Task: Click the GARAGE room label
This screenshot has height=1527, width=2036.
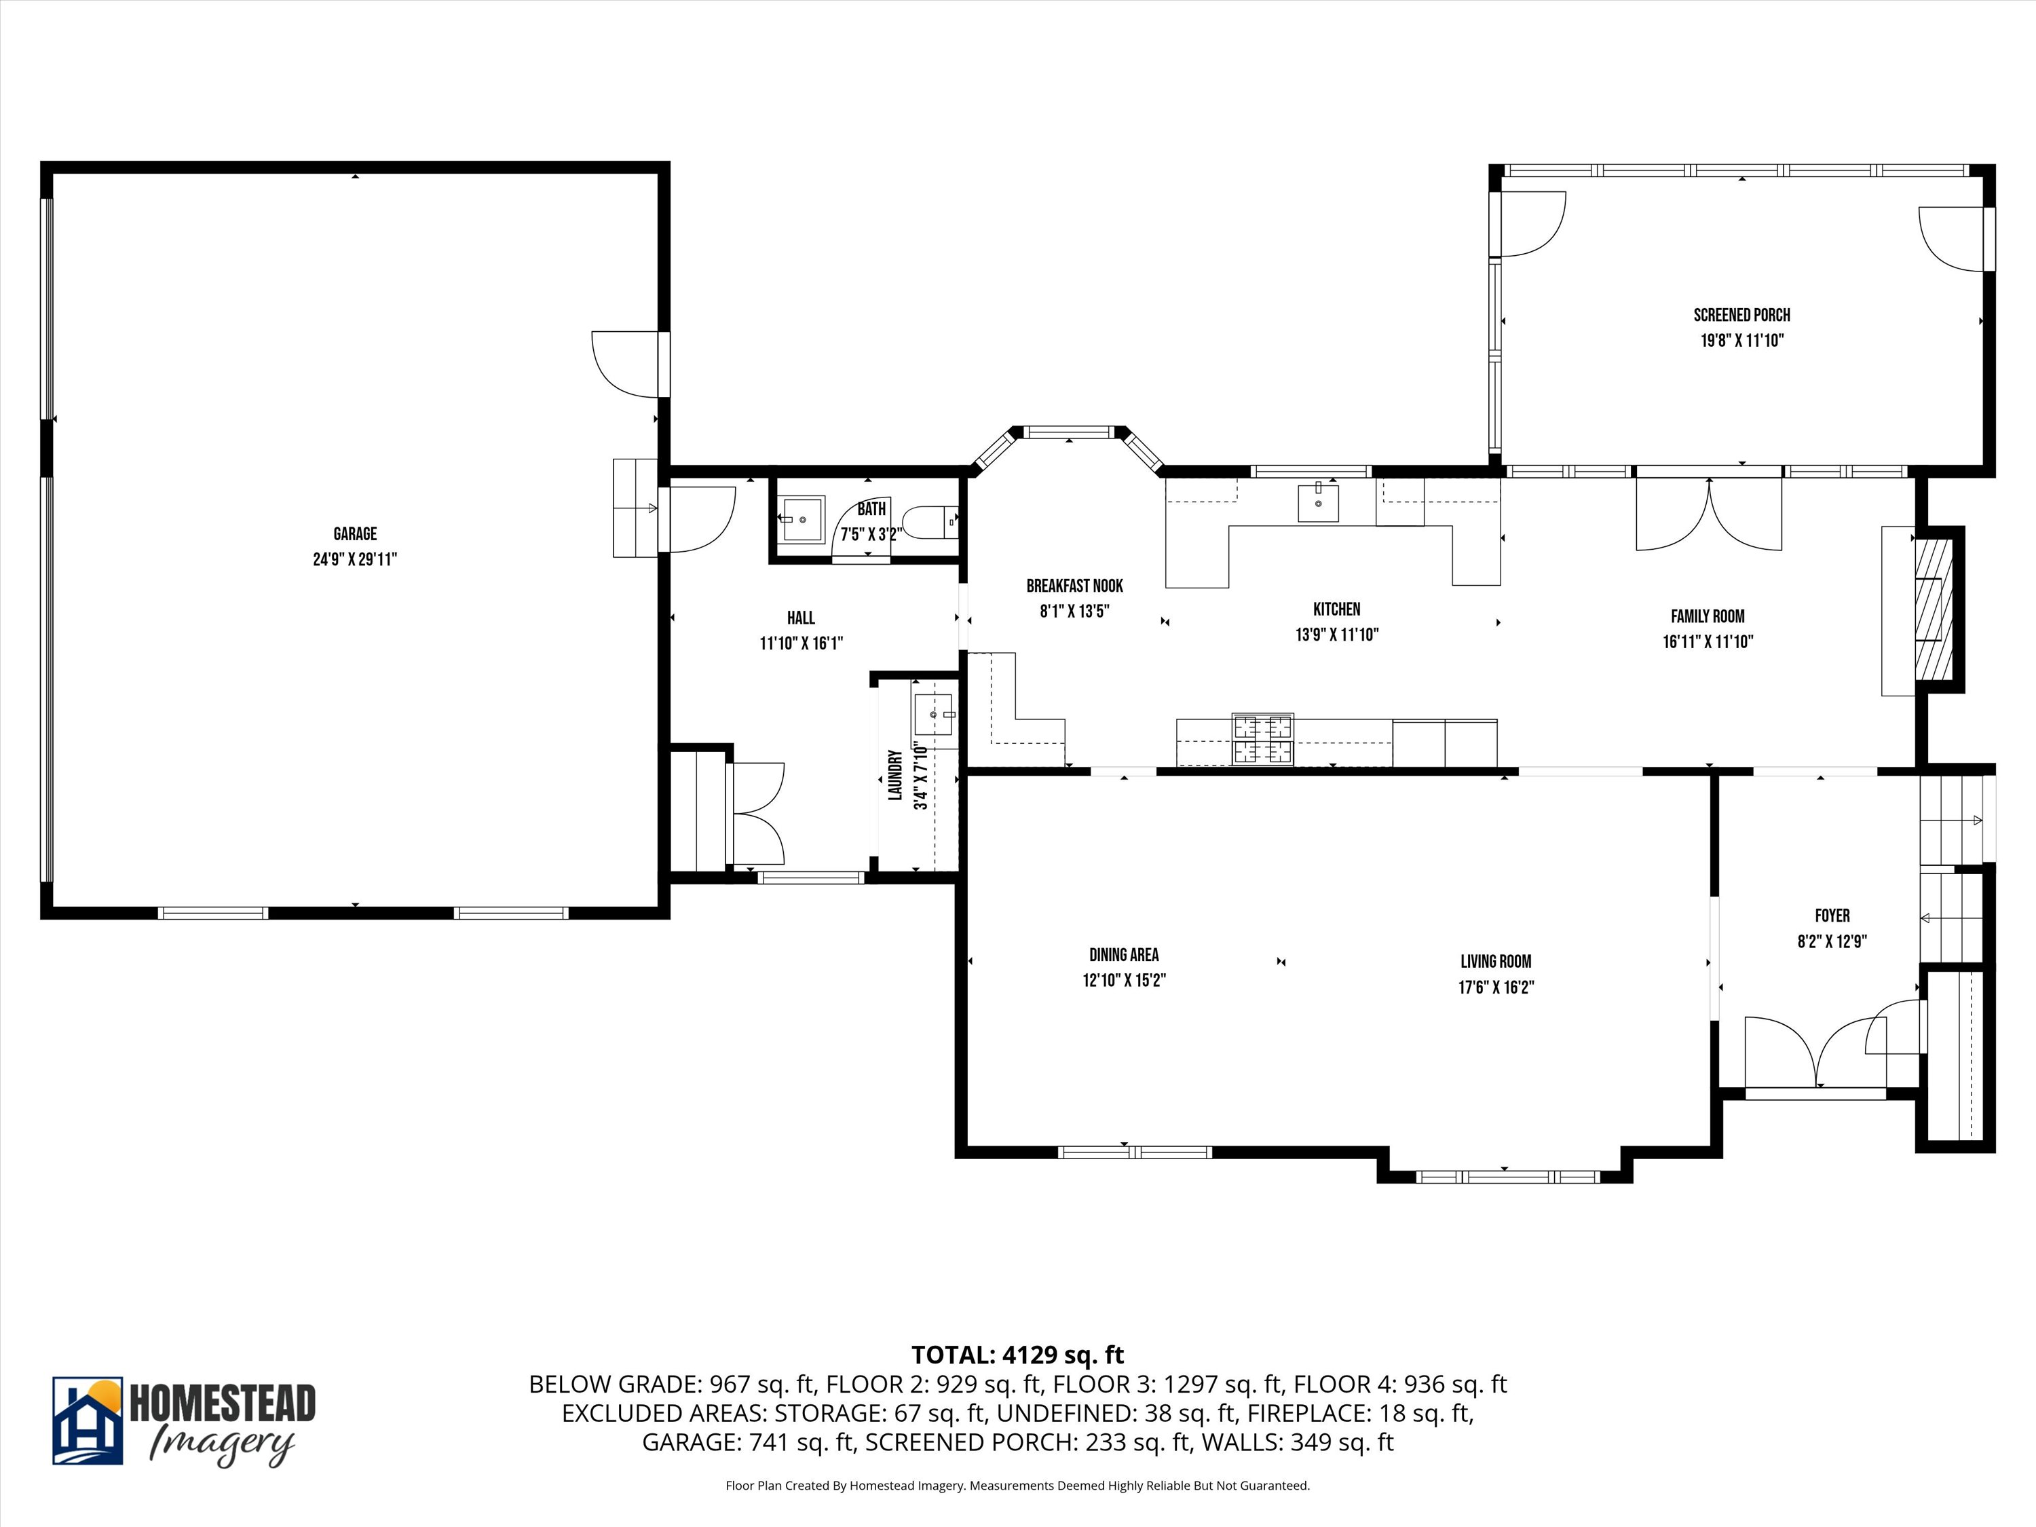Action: [x=356, y=534]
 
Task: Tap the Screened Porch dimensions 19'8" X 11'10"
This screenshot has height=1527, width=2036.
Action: [x=1741, y=341]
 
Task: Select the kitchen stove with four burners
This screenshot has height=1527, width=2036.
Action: [x=1263, y=739]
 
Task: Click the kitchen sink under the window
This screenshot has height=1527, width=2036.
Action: [x=1318, y=501]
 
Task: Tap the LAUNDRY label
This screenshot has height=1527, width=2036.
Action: [x=894, y=775]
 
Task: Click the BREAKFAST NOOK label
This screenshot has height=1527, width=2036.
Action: [x=1075, y=586]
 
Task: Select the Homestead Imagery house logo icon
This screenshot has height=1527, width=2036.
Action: [x=88, y=1421]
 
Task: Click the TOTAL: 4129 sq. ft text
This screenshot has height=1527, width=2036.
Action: [x=1018, y=1355]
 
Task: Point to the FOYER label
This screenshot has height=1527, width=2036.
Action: [x=1832, y=916]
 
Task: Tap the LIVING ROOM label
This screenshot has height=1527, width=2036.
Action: [x=1496, y=962]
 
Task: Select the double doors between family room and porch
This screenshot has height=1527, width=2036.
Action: [x=1708, y=514]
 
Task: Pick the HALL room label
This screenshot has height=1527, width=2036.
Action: [x=801, y=618]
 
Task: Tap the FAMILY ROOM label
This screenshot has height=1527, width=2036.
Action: [x=1708, y=617]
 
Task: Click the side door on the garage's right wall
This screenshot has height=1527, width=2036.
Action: [x=630, y=364]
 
